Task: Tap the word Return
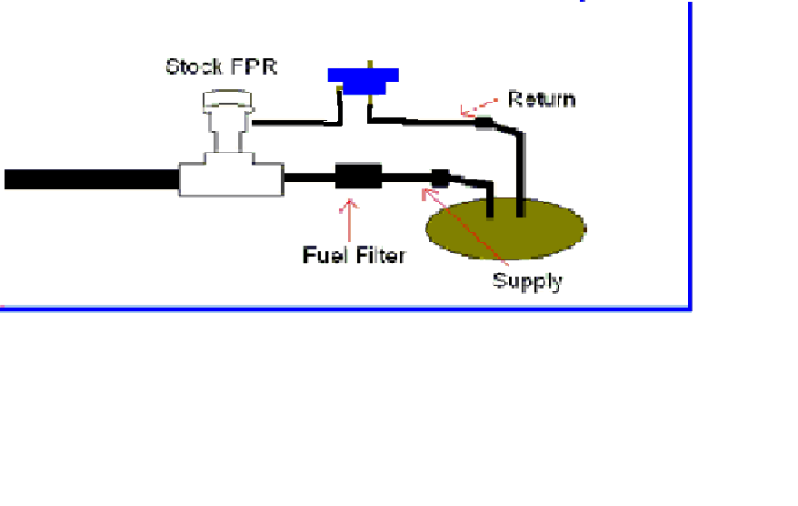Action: (542, 99)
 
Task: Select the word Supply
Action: (527, 282)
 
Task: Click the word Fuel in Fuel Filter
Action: (326, 255)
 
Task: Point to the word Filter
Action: (381, 255)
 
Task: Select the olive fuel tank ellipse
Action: (505, 228)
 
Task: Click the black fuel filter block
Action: (358, 177)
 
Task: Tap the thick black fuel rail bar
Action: (92, 179)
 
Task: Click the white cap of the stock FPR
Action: (227, 101)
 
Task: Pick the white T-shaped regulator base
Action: (232, 174)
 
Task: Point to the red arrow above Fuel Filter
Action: (349, 220)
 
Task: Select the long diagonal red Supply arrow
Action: (464, 227)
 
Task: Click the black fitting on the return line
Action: (484, 123)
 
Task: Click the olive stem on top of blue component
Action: (370, 65)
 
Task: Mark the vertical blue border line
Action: (690, 156)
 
